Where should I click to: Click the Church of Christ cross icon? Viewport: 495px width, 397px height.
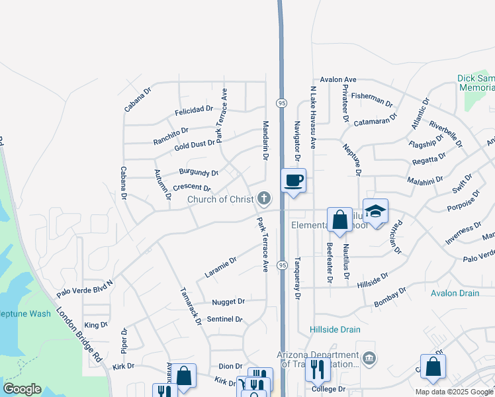pos(264,198)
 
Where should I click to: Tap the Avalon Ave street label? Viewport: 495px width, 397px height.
pos(338,79)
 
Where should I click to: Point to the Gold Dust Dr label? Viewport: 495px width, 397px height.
pos(195,144)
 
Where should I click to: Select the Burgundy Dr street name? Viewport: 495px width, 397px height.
pos(199,173)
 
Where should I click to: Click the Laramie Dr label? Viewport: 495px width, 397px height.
pos(220,267)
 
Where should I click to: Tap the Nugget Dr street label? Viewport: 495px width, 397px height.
pos(228,302)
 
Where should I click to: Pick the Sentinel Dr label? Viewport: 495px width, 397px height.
pos(225,319)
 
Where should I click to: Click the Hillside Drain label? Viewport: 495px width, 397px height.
pos(335,330)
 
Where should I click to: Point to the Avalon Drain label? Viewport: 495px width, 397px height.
pos(453,292)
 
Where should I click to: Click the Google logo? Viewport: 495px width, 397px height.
pos(22,389)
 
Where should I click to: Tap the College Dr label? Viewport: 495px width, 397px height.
pos(329,389)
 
